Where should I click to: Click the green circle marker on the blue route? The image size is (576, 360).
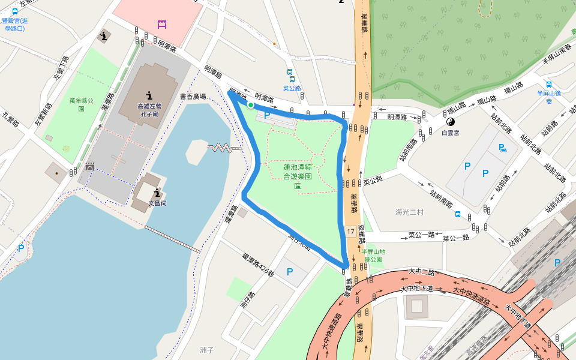[250, 106]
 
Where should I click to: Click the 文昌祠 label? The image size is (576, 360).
[157, 203]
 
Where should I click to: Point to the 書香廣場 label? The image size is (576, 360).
[193, 96]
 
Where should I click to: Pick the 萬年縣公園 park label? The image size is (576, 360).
[81, 105]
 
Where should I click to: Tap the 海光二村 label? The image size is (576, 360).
[410, 212]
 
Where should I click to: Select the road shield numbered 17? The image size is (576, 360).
[350, 231]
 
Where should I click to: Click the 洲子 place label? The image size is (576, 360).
[206, 349]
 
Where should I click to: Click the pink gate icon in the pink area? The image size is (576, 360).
[161, 24]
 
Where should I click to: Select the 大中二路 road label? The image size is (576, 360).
[421, 272]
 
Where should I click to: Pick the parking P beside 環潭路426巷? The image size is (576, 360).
[290, 272]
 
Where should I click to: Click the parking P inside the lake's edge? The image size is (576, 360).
[22, 248]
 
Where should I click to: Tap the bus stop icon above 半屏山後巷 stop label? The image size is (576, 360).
[548, 85]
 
